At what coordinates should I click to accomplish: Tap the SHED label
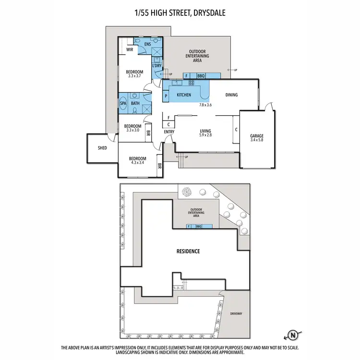pyautogui.click(x=102, y=148)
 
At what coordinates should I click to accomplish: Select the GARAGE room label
pyautogui.click(x=257, y=136)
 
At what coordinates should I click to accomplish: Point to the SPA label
pyautogui.click(x=123, y=103)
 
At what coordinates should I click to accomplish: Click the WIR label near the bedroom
pyautogui.click(x=130, y=49)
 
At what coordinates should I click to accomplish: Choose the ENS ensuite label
pyautogui.click(x=148, y=44)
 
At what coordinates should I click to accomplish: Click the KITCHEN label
pyautogui.click(x=184, y=95)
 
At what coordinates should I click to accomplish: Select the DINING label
pyautogui.click(x=232, y=95)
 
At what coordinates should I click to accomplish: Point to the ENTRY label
pyautogui.click(x=169, y=132)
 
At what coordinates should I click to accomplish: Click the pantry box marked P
pyautogui.click(x=166, y=96)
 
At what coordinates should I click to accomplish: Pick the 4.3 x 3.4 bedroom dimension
pyautogui.click(x=137, y=163)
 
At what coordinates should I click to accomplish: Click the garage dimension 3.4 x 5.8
pyautogui.click(x=257, y=141)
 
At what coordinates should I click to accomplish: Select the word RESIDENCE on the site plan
pyautogui.click(x=188, y=251)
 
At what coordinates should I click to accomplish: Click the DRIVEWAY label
pyautogui.click(x=236, y=313)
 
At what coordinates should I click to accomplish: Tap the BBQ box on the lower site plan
pyautogui.click(x=198, y=226)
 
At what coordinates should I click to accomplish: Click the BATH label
pyautogui.click(x=135, y=103)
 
